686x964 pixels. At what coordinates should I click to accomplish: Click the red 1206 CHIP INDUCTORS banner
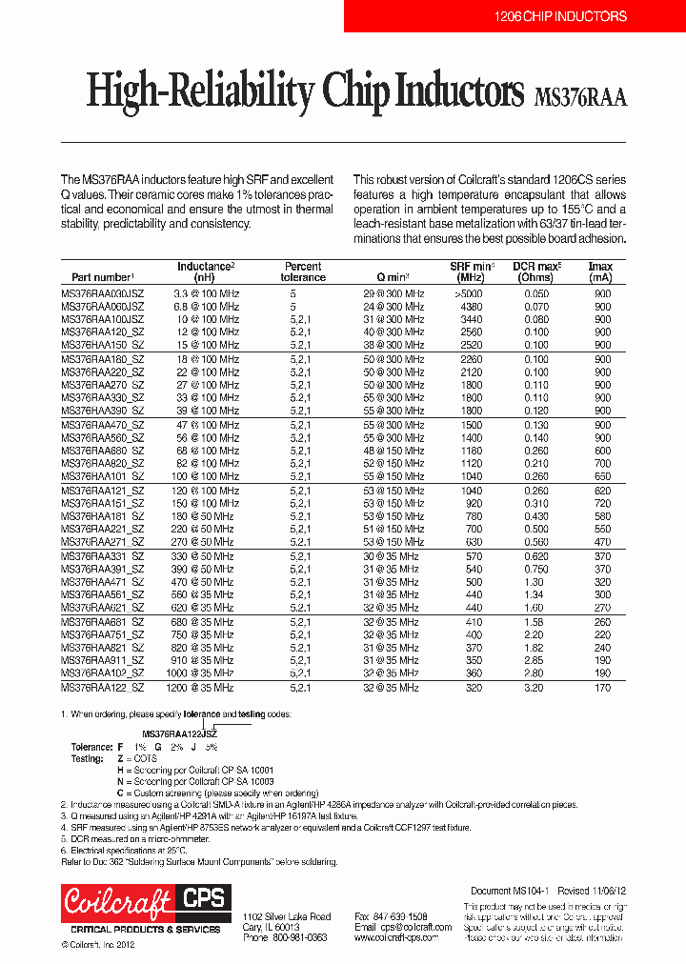561,16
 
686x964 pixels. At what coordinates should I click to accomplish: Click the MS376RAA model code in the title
581,96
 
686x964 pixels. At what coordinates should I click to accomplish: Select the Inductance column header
205,271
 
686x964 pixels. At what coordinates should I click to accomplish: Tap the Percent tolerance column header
303,271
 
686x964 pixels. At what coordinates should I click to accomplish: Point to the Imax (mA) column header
600,271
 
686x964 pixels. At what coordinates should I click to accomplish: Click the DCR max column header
537,271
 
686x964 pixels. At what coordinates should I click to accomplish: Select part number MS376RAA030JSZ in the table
103,294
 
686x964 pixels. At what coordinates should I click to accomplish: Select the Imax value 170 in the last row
602,687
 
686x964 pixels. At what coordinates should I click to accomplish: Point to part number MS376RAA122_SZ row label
103,687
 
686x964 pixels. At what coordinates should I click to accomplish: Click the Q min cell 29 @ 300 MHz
393,294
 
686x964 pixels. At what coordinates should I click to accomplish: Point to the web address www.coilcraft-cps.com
397,937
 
